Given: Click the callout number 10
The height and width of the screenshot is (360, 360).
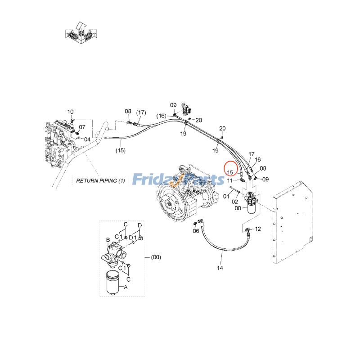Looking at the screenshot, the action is (x=70, y=112).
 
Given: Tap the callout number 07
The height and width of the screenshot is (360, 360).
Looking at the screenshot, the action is (x=82, y=127).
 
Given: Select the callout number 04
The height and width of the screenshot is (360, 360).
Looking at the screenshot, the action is (x=87, y=139).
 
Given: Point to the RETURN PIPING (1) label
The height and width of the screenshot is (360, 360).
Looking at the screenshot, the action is (x=101, y=180).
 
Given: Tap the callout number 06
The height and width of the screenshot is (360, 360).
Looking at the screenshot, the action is (x=196, y=231).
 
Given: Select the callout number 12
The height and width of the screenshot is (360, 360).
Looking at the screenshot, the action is (x=258, y=229).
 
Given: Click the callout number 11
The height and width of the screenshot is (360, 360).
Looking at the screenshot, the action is (x=230, y=180).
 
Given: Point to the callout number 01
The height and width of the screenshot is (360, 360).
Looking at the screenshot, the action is (x=226, y=196).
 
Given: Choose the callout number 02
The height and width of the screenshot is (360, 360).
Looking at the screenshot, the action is (x=235, y=202).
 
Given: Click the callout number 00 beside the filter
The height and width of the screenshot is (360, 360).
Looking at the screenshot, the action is (x=238, y=208).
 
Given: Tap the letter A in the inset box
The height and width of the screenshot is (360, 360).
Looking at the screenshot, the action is (x=126, y=286).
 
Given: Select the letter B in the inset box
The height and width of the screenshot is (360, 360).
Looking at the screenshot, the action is (x=108, y=239).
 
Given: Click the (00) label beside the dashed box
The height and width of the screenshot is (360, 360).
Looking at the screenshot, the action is (x=155, y=257).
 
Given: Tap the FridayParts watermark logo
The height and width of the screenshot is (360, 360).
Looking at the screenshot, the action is (x=179, y=179).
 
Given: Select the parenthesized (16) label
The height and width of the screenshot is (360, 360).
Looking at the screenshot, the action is (x=161, y=116).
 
